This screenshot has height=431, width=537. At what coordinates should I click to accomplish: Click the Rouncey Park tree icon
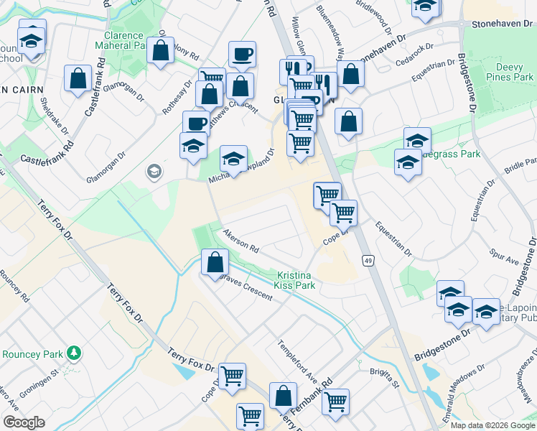[73, 353]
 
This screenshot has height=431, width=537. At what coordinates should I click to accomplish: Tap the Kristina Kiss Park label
[295, 280]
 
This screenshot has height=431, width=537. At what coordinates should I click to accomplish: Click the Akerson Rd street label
[241, 241]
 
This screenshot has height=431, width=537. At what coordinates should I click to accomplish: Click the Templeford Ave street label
[298, 360]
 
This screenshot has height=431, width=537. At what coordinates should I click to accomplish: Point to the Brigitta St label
[386, 375]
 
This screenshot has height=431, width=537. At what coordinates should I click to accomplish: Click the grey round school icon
[154, 171]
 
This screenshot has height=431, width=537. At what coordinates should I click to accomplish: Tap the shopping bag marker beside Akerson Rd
[215, 262]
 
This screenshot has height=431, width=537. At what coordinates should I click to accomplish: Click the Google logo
[24, 422]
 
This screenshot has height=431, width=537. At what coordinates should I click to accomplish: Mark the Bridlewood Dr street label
[373, 22]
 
